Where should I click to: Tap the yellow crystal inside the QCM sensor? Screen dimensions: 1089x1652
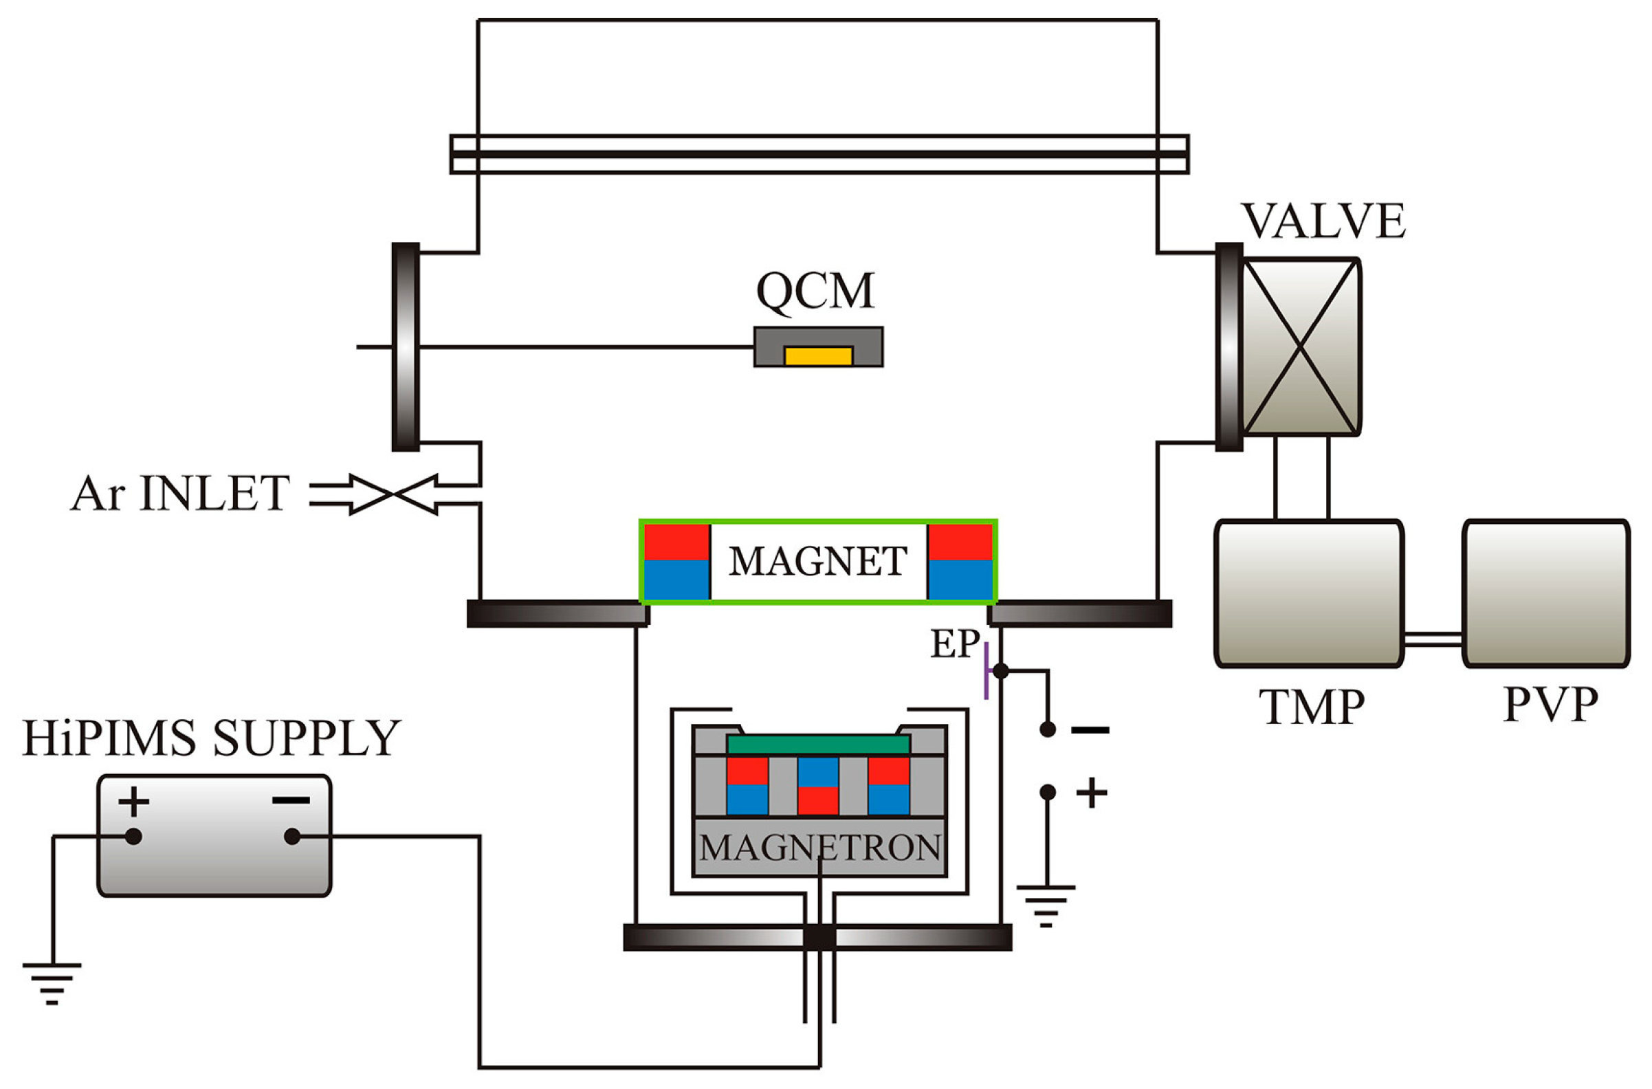click(x=818, y=355)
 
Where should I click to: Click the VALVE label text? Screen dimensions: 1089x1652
click(x=1323, y=221)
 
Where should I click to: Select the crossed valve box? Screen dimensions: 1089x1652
click(x=1300, y=346)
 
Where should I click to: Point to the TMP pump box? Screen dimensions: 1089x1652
click(x=1309, y=593)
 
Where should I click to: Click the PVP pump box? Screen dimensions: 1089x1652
click(x=1546, y=593)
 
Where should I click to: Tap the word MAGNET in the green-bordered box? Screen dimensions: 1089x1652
click(x=818, y=561)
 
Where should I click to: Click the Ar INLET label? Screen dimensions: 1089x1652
click(x=180, y=494)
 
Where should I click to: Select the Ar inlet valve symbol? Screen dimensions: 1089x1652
click(x=394, y=494)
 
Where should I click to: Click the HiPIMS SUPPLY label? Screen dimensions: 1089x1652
click(x=212, y=738)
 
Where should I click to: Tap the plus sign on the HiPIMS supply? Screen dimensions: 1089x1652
click(x=133, y=803)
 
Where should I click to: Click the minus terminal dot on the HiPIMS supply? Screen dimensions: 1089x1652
click(x=292, y=837)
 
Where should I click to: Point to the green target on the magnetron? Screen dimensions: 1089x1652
click(x=818, y=745)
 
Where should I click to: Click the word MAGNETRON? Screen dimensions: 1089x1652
click(x=819, y=847)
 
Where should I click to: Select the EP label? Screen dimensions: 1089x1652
click(x=955, y=644)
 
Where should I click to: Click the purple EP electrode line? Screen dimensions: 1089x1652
click(x=986, y=670)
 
